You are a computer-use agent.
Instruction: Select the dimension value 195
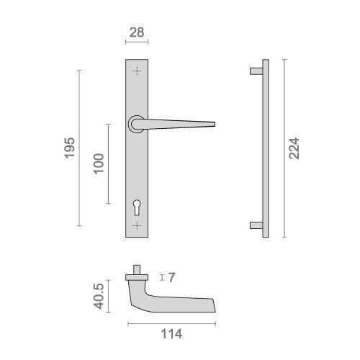(x=69, y=148)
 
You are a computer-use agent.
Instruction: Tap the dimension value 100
(x=99, y=163)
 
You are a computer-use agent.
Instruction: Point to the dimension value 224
(x=294, y=148)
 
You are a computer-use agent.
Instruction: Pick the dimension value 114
(x=171, y=334)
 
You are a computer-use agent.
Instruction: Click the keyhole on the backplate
(x=137, y=208)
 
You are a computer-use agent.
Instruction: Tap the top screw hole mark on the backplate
(x=137, y=71)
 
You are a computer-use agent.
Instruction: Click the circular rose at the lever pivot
(x=136, y=125)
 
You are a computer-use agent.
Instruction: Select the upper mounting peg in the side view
(x=254, y=71)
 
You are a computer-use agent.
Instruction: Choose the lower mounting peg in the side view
(x=254, y=225)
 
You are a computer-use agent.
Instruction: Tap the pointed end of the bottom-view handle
(x=215, y=308)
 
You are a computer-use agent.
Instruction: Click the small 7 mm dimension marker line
(x=162, y=277)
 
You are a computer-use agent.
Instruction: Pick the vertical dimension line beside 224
(x=284, y=148)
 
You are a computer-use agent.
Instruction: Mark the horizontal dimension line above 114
(x=171, y=321)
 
